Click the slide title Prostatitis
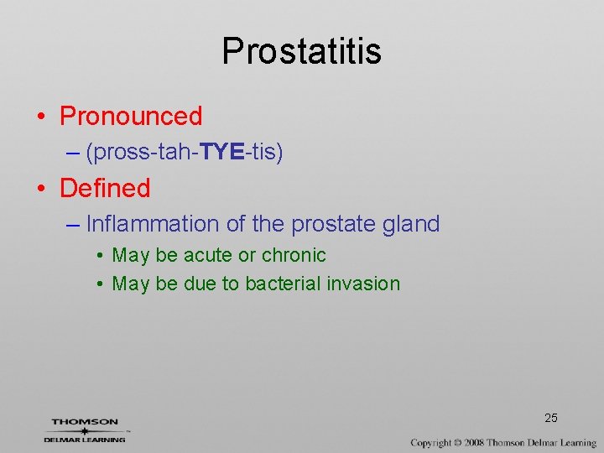[301, 51]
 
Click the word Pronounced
[131, 116]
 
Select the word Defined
[105, 188]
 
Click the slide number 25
[551, 418]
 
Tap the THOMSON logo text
[85, 422]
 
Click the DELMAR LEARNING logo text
[85, 439]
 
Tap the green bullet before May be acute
[99, 256]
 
